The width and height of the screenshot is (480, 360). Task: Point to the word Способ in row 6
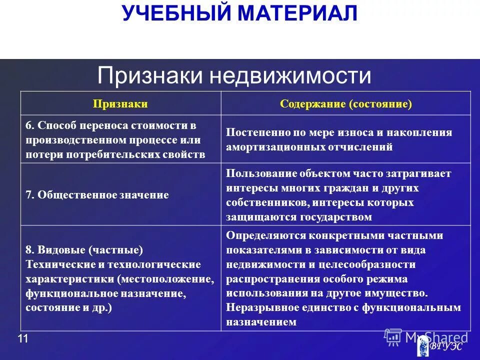55,125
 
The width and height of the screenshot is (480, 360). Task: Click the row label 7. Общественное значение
97,195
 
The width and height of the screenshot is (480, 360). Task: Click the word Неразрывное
260,307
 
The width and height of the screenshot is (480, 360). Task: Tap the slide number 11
23,339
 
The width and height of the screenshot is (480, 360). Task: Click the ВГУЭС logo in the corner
440,344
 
